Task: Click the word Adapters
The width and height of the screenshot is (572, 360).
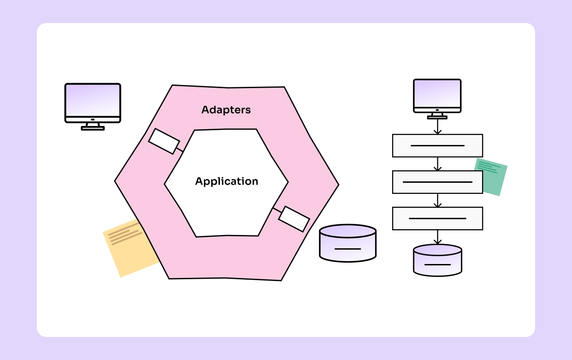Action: click(x=226, y=110)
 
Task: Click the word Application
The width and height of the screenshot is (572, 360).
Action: click(x=226, y=181)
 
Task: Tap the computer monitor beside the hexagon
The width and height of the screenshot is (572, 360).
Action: click(x=93, y=102)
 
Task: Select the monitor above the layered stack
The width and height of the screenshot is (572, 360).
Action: click(x=437, y=96)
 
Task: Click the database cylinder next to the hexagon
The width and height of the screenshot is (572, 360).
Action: click(x=348, y=243)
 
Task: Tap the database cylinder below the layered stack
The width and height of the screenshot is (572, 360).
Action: click(x=437, y=260)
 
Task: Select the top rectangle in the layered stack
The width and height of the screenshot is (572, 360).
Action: click(x=437, y=145)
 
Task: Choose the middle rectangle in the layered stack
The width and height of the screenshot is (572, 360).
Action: click(x=437, y=182)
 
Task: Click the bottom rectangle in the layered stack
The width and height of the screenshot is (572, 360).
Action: click(x=437, y=218)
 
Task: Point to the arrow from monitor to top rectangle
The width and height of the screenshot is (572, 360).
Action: click(x=437, y=127)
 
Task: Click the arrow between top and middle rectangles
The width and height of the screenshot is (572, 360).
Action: click(x=437, y=164)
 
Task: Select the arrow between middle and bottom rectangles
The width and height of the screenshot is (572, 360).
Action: click(x=437, y=200)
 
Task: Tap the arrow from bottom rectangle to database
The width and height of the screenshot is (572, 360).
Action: click(x=437, y=237)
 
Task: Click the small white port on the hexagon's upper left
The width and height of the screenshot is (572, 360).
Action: click(x=164, y=141)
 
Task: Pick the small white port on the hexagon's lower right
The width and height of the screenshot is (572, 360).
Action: click(x=294, y=219)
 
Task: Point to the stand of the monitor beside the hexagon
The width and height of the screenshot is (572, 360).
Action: click(x=93, y=126)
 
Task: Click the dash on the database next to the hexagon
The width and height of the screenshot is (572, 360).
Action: click(x=347, y=249)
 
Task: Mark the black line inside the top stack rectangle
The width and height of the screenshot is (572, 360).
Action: click(x=437, y=145)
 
